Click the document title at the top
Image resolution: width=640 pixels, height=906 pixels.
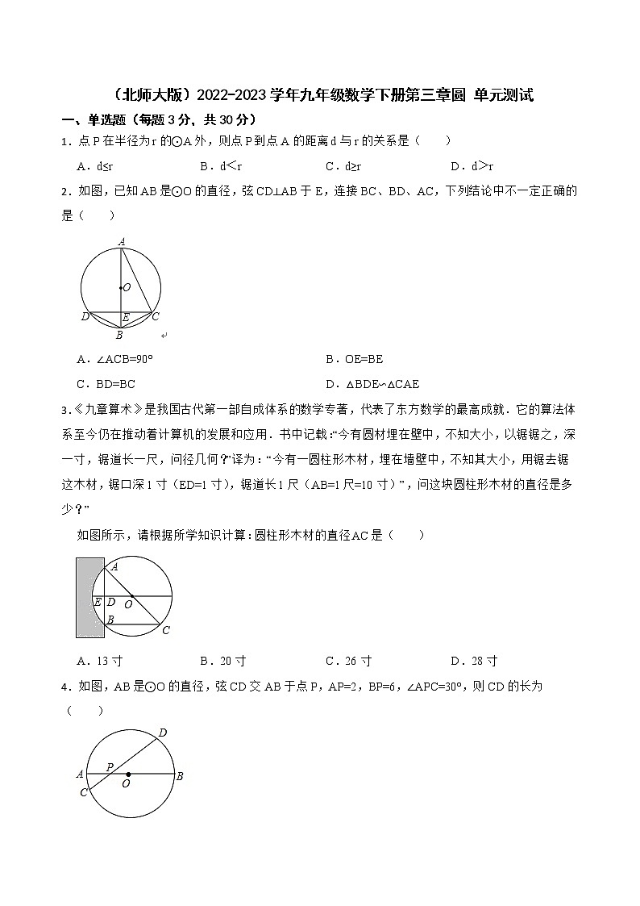(x=319, y=96)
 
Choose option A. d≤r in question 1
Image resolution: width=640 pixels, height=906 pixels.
(x=94, y=167)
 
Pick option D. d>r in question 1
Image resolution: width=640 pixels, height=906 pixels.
(x=472, y=167)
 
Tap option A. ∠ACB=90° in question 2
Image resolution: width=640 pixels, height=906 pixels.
(x=115, y=360)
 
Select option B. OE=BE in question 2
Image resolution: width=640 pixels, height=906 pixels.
(x=354, y=360)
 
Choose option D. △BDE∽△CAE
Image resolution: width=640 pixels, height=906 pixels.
(x=372, y=384)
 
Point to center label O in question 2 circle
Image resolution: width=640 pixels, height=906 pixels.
(x=127, y=287)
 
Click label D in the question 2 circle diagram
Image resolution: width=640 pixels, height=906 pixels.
(x=85, y=317)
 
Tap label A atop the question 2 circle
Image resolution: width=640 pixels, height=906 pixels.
(x=121, y=241)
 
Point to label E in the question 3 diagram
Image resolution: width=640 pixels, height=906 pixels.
(x=97, y=603)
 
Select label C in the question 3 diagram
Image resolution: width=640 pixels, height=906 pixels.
(x=166, y=631)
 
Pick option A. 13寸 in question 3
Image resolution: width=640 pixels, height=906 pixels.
(x=99, y=662)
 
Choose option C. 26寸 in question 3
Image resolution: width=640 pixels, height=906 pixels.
(x=348, y=662)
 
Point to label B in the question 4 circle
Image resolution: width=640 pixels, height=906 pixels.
(x=180, y=776)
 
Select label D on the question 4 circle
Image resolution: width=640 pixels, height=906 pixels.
(x=162, y=733)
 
